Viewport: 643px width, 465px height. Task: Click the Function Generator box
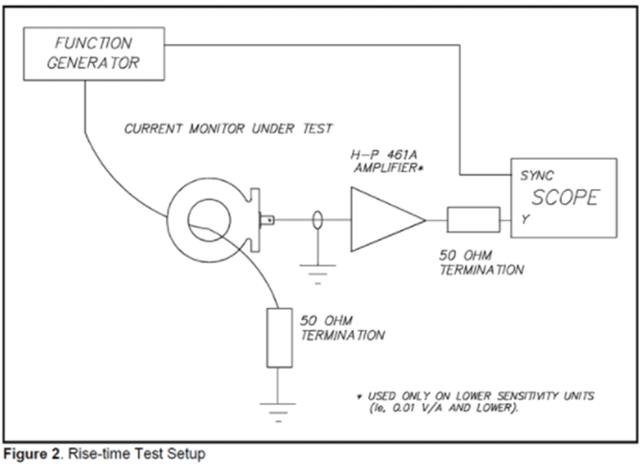point(94,54)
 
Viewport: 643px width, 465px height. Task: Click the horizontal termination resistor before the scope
point(473,220)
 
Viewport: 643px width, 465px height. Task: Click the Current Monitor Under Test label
point(228,129)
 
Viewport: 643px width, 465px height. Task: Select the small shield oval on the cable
point(318,220)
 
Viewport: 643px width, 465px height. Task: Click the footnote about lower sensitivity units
point(476,402)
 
